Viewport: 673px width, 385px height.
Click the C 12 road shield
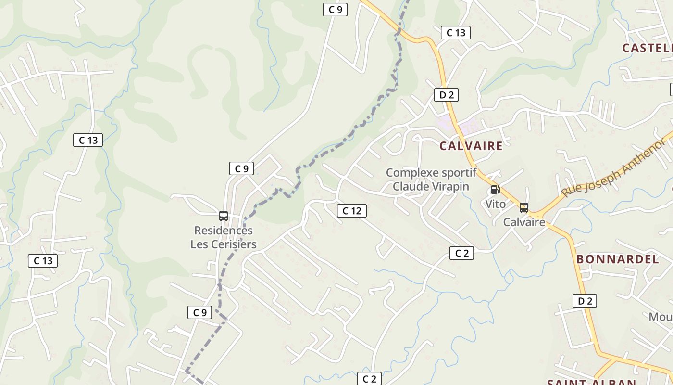point(352,211)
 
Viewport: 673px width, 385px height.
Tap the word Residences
point(223,231)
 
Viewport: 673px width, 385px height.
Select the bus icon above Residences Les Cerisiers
point(223,216)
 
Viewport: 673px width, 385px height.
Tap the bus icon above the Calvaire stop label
point(523,208)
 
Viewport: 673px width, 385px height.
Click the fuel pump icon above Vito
point(495,190)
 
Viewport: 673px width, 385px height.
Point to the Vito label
point(495,204)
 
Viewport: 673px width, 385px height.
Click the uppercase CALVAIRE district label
point(471,146)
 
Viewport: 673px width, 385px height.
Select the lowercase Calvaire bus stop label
point(524,222)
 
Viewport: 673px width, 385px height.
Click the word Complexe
point(412,172)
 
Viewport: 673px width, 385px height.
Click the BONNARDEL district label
point(617,259)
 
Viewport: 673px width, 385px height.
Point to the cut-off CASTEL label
point(647,48)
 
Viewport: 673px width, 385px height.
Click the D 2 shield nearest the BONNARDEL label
point(585,301)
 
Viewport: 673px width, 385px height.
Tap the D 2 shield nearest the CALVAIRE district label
point(446,95)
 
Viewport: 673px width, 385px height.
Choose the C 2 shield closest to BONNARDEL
point(461,253)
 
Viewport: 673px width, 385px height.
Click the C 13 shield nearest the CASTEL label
point(455,33)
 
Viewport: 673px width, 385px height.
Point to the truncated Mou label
point(661,317)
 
